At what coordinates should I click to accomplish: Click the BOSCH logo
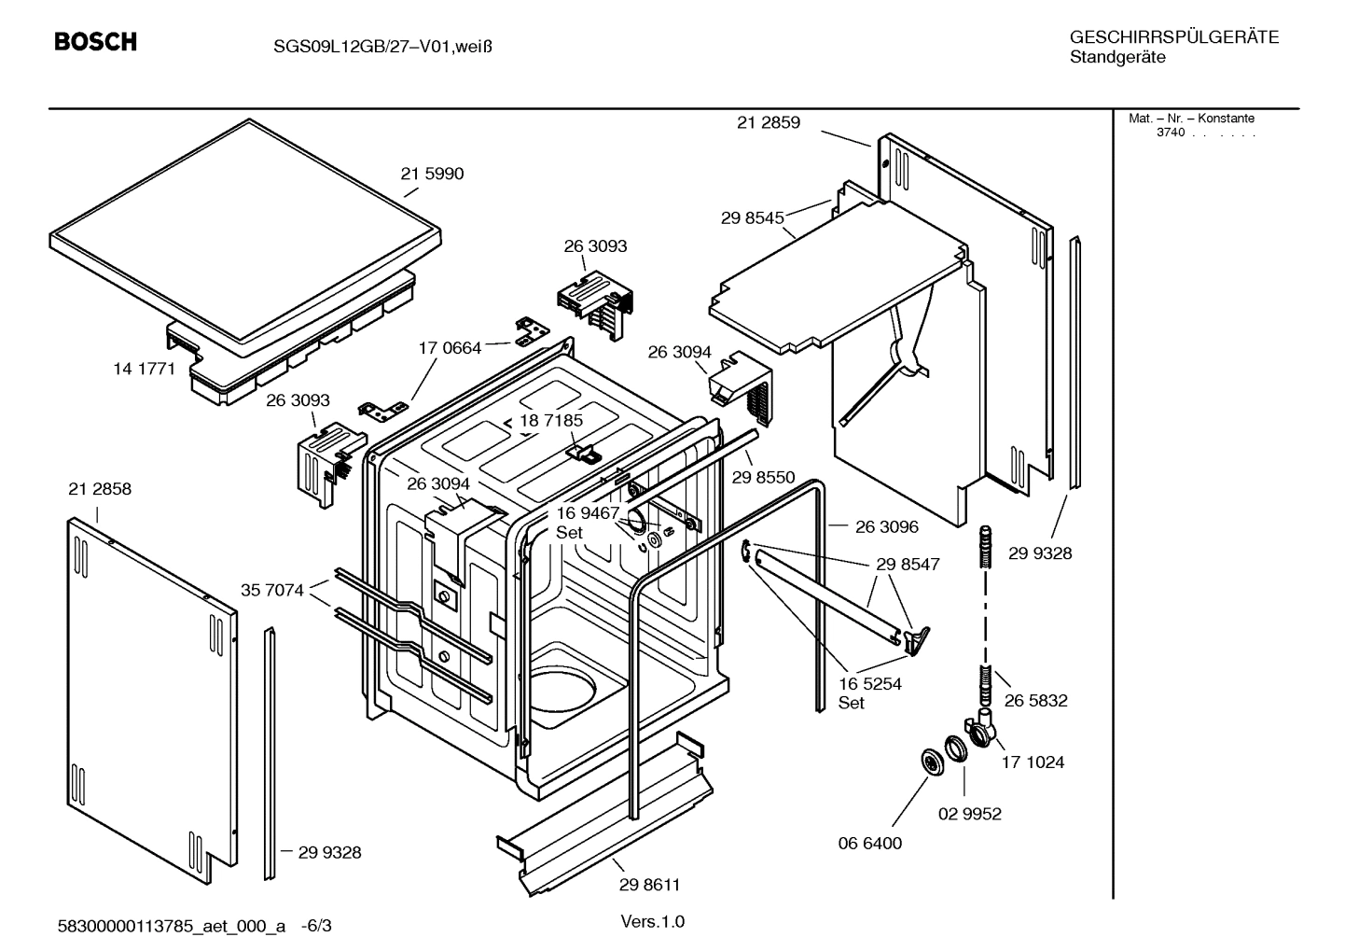point(95,42)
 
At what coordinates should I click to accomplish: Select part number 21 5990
point(432,174)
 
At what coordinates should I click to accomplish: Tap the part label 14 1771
point(144,369)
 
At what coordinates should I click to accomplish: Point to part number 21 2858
point(100,489)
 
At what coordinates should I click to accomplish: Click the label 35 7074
point(271,590)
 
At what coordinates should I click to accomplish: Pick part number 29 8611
point(649,885)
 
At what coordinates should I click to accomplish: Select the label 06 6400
point(869,844)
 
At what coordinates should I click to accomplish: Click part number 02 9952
point(969,814)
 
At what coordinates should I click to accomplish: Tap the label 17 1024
point(1033,762)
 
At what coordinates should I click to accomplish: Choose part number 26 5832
point(1035,700)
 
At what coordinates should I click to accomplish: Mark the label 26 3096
point(886,526)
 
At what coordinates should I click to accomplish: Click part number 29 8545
point(752,218)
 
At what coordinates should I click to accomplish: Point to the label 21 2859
point(768,122)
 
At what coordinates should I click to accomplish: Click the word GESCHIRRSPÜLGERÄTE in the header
point(1173,37)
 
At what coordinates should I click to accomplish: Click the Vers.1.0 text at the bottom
point(652,922)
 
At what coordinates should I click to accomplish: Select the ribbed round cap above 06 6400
point(931,762)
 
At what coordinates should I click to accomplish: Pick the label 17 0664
point(450,348)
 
